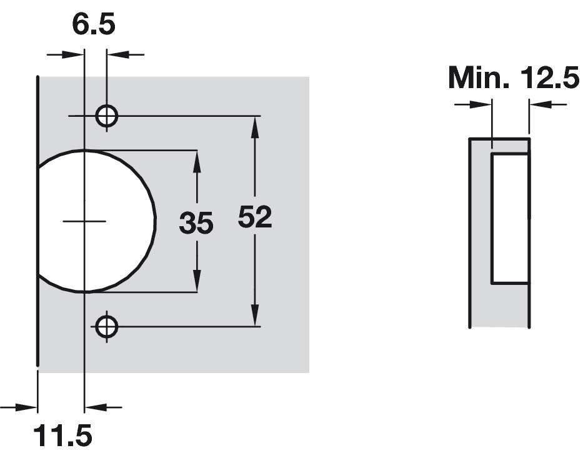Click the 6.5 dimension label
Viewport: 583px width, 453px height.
[94, 25]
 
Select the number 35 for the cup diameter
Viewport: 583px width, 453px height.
[196, 223]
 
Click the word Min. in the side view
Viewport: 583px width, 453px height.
[479, 77]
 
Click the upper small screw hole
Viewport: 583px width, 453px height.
[107, 116]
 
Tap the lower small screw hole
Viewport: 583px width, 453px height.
[107, 327]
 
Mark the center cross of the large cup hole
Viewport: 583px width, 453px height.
[85, 221]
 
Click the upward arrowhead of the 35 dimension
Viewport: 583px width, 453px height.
[197, 162]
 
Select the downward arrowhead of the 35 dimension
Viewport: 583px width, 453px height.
[197, 281]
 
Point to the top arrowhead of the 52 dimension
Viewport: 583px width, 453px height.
[255, 127]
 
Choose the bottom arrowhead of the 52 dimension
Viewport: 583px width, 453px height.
[255, 316]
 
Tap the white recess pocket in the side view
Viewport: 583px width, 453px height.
[510, 218]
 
